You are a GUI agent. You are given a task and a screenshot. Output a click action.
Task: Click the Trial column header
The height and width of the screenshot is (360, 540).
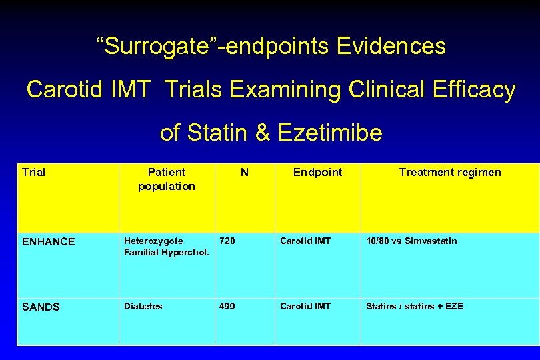click(x=34, y=173)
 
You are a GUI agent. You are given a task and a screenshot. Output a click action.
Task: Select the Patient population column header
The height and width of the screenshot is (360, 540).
click(x=167, y=179)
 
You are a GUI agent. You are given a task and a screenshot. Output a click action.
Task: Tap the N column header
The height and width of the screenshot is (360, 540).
click(x=245, y=173)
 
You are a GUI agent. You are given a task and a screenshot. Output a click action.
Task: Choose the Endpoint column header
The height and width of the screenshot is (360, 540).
click(x=318, y=173)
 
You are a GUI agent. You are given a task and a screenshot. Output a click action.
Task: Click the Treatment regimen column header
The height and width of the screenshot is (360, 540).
click(x=450, y=173)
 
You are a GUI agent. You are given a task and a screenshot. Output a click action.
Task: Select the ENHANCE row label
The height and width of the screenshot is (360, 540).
click(x=49, y=242)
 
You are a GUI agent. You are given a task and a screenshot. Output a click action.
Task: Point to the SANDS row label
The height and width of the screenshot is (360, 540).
click(x=41, y=307)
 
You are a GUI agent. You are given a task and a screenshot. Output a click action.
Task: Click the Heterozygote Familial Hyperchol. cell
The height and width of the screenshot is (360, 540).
click(x=167, y=247)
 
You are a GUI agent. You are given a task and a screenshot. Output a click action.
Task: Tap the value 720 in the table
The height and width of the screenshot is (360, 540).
click(x=227, y=241)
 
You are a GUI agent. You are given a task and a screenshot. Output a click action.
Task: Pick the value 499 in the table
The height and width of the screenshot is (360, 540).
click(x=227, y=306)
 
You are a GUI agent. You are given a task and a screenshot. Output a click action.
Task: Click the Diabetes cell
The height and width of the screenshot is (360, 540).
click(x=143, y=306)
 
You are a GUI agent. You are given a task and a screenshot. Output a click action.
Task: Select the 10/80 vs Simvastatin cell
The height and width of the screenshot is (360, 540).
click(x=411, y=241)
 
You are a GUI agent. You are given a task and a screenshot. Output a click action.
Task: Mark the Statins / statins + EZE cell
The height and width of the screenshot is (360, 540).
click(x=415, y=306)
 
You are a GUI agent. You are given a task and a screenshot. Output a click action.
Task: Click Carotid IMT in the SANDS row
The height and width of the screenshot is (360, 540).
click(x=305, y=306)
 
